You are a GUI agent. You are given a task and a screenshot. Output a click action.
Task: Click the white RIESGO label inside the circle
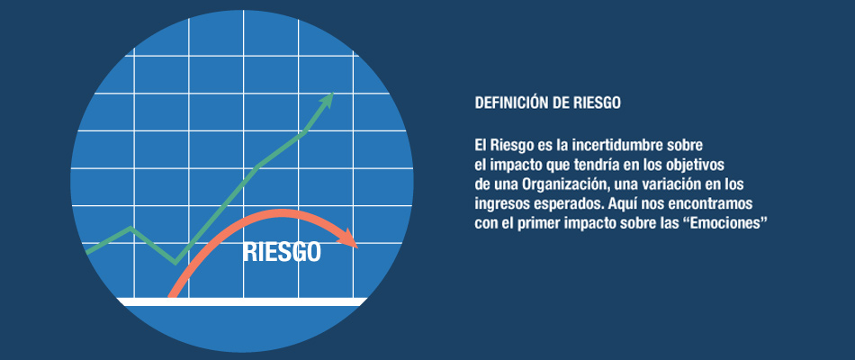[x=282, y=253]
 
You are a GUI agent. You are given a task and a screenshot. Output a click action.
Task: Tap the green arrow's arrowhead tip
[x=332, y=94]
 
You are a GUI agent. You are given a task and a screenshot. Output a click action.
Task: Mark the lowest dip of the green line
[x=175, y=263]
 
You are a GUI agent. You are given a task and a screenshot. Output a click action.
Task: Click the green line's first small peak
[x=130, y=228]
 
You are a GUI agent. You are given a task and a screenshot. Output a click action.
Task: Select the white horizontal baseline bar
[x=243, y=301]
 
